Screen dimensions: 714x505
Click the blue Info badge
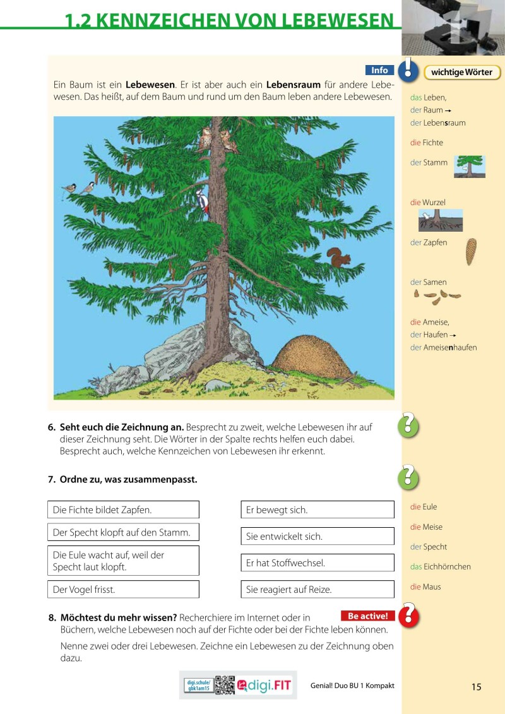tap(379, 71)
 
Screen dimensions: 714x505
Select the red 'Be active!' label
tap(367, 616)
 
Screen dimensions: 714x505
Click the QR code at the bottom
tap(225, 686)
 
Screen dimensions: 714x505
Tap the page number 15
tap(476, 687)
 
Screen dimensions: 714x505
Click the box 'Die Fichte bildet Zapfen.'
tap(123, 509)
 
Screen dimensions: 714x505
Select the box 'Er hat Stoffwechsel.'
tap(318, 563)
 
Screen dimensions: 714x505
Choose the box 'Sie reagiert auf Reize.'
tap(318, 590)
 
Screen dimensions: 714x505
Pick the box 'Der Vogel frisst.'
tap(123, 590)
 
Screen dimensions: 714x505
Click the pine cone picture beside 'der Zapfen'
tap(471, 251)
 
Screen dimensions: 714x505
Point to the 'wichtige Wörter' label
tap(461, 73)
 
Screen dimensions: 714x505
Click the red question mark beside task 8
tap(409, 614)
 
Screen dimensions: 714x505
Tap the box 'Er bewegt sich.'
tap(318, 509)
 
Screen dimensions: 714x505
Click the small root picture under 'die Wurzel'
tap(440, 220)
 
